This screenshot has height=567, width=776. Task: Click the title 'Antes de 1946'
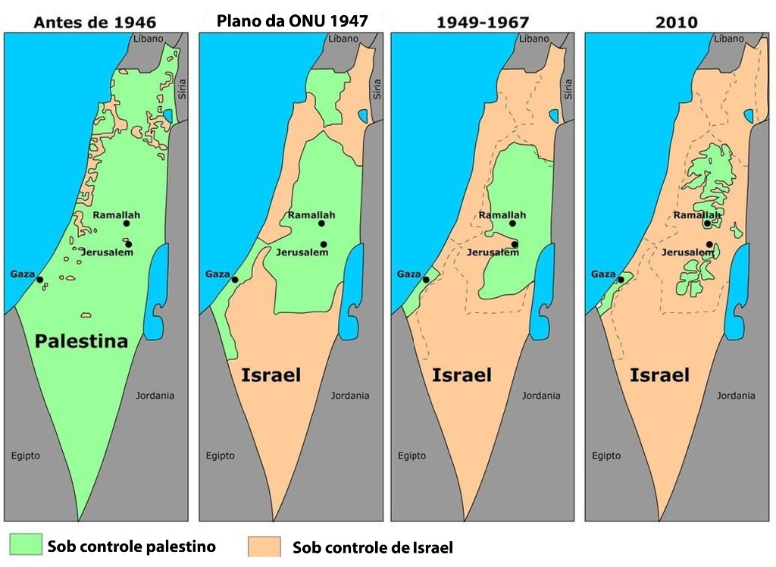point(95,22)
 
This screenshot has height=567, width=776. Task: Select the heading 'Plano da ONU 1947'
point(292,20)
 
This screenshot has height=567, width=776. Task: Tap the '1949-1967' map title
point(482,22)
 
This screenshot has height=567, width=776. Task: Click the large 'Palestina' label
point(81,341)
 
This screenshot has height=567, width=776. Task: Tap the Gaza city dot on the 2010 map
point(621,279)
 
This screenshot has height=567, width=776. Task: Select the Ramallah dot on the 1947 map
point(322,224)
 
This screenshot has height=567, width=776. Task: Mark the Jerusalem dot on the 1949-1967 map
point(515,244)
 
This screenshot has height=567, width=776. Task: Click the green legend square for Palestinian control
point(25,545)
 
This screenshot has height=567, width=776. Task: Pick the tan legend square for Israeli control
point(265,547)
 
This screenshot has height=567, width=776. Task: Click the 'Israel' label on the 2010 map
point(659,375)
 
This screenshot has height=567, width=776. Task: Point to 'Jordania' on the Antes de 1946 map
point(155,396)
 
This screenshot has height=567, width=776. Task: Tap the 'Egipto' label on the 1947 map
point(221,456)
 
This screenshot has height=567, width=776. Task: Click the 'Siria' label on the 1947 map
point(377,91)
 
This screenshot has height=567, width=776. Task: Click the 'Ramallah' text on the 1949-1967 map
point(502,215)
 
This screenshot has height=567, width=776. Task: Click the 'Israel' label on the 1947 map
point(271,375)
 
